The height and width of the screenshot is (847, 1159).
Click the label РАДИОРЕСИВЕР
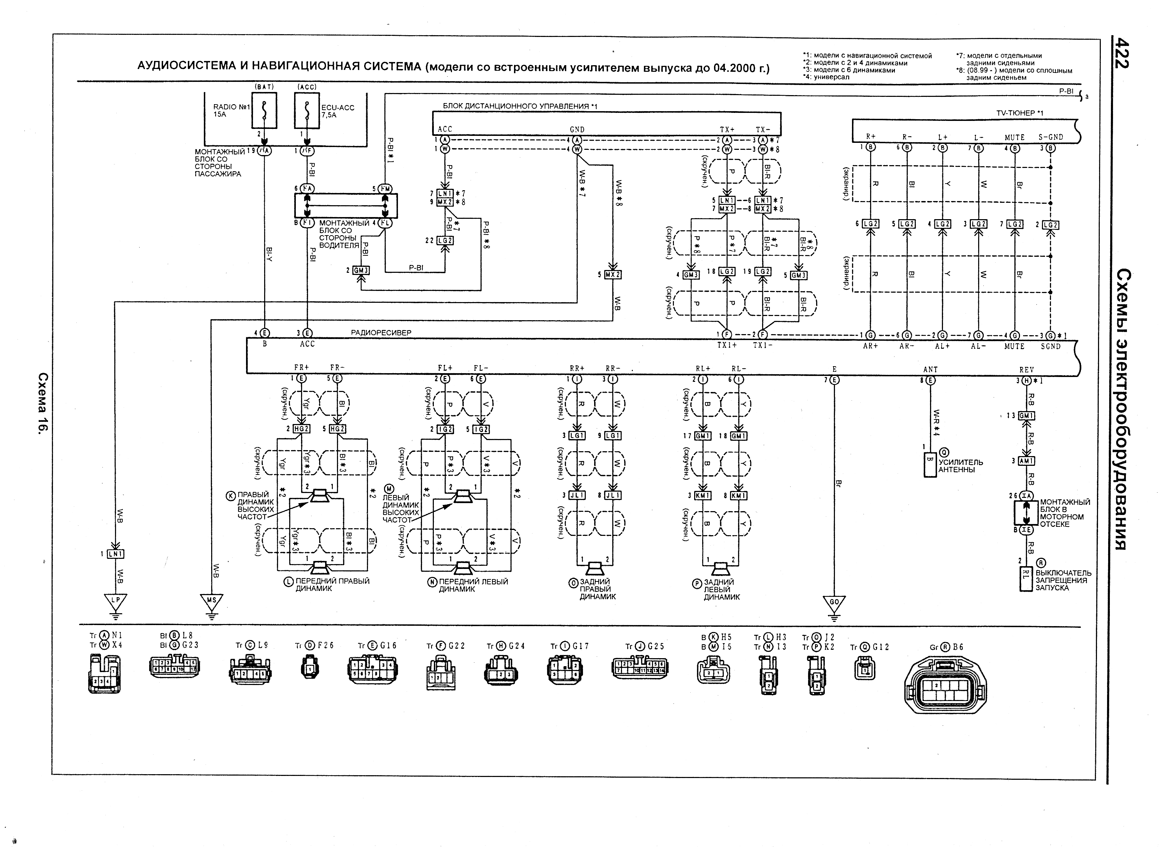(x=381, y=333)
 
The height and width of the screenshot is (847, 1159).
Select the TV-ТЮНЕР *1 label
(x=1020, y=113)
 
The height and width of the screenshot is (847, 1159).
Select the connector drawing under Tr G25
(x=639, y=668)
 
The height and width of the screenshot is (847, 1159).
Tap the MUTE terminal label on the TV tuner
(x=1014, y=137)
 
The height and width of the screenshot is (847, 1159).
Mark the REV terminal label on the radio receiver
(x=1027, y=370)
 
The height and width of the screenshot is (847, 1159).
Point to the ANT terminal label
(x=930, y=369)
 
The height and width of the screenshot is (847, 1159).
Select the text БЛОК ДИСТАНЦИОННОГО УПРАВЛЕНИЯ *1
(x=520, y=106)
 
